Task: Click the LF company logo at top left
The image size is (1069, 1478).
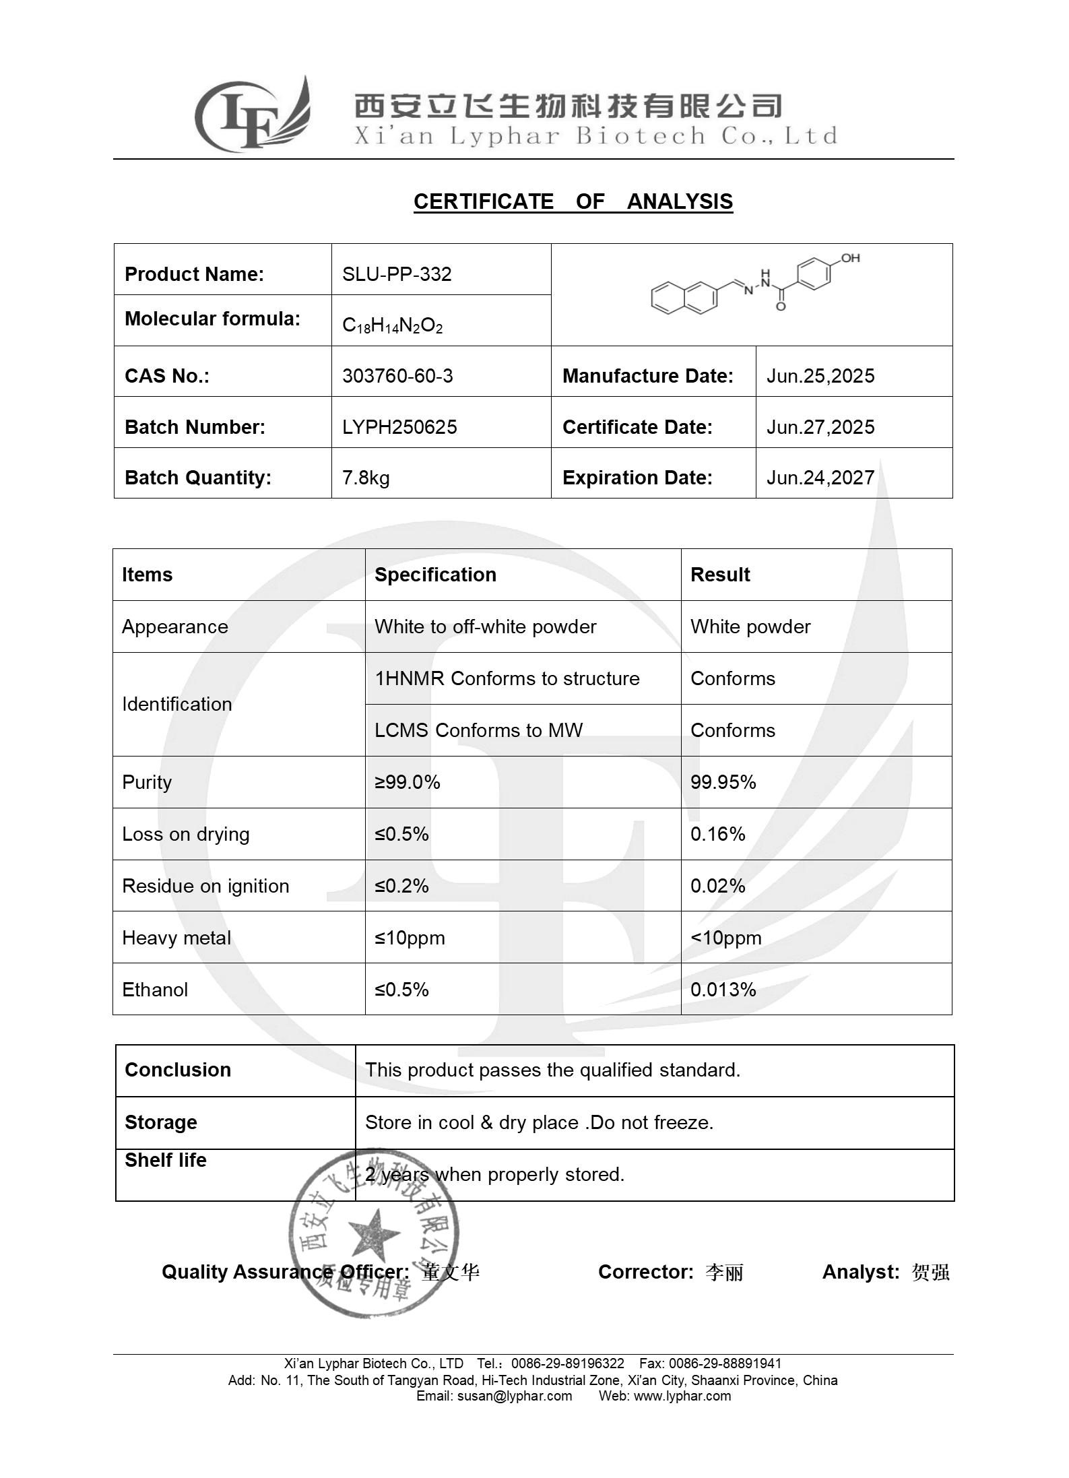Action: [253, 115]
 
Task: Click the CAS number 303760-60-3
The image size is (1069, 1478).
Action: [397, 376]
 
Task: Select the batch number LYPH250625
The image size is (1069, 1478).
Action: [399, 427]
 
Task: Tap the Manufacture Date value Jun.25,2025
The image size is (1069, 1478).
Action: [820, 376]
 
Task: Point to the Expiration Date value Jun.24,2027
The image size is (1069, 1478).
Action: [820, 478]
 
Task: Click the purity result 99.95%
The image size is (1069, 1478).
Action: [723, 782]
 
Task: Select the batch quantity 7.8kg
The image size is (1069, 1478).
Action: [366, 478]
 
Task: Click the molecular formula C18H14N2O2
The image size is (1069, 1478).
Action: [392, 326]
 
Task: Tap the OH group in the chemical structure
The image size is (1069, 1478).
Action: [850, 258]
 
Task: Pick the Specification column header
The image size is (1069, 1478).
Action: [435, 575]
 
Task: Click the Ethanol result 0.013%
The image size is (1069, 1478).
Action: [723, 990]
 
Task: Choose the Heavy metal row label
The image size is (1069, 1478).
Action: [176, 938]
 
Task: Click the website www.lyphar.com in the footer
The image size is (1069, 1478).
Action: [682, 1396]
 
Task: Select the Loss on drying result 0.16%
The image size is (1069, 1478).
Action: [717, 834]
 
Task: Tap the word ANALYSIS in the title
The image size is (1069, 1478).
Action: [679, 201]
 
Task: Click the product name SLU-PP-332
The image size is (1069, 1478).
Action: [397, 274]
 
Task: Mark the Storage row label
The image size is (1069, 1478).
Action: [161, 1122]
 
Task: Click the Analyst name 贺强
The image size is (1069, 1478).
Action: [930, 1272]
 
